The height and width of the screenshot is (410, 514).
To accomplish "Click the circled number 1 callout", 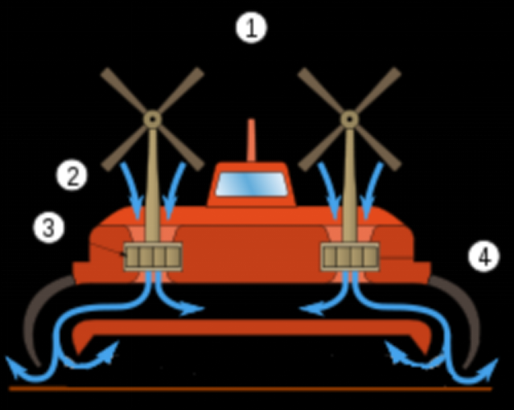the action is pyautogui.click(x=252, y=27).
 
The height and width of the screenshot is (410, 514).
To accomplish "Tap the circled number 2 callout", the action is pyautogui.click(x=72, y=175).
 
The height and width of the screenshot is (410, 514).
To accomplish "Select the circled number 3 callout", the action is pyautogui.click(x=49, y=227).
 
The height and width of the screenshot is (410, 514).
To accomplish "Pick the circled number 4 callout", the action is pyautogui.click(x=484, y=256).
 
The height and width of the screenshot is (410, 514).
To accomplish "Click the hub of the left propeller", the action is pyautogui.click(x=152, y=119).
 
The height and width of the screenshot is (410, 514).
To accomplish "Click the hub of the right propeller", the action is pyautogui.click(x=350, y=119).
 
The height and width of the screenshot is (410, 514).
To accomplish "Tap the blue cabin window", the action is pyautogui.click(x=252, y=184).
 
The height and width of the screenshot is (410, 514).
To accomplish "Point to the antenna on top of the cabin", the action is pyautogui.click(x=251, y=141).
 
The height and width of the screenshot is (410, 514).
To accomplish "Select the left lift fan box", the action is pyautogui.click(x=153, y=257).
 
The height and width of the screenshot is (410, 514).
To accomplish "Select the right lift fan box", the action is pyautogui.click(x=350, y=257).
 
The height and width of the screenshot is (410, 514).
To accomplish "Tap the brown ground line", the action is pyautogui.click(x=251, y=389).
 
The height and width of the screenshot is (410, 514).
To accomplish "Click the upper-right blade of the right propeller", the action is pyautogui.click(x=378, y=91).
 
